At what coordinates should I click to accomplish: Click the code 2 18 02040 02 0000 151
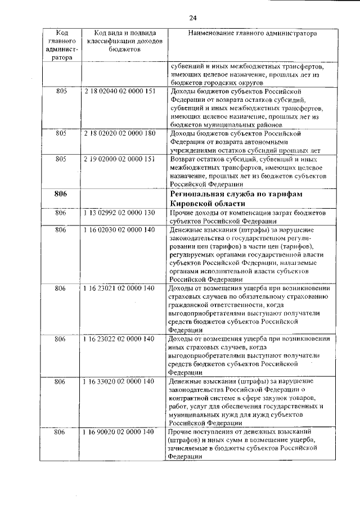click(119, 91)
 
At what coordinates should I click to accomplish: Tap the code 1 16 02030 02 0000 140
click(119, 230)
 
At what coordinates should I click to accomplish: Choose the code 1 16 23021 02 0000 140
click(119, 289)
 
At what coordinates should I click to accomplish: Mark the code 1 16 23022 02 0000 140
click(119, 339)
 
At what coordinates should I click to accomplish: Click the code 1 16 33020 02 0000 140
click(119, 382)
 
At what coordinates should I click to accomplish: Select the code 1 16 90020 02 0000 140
click(119, 431)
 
